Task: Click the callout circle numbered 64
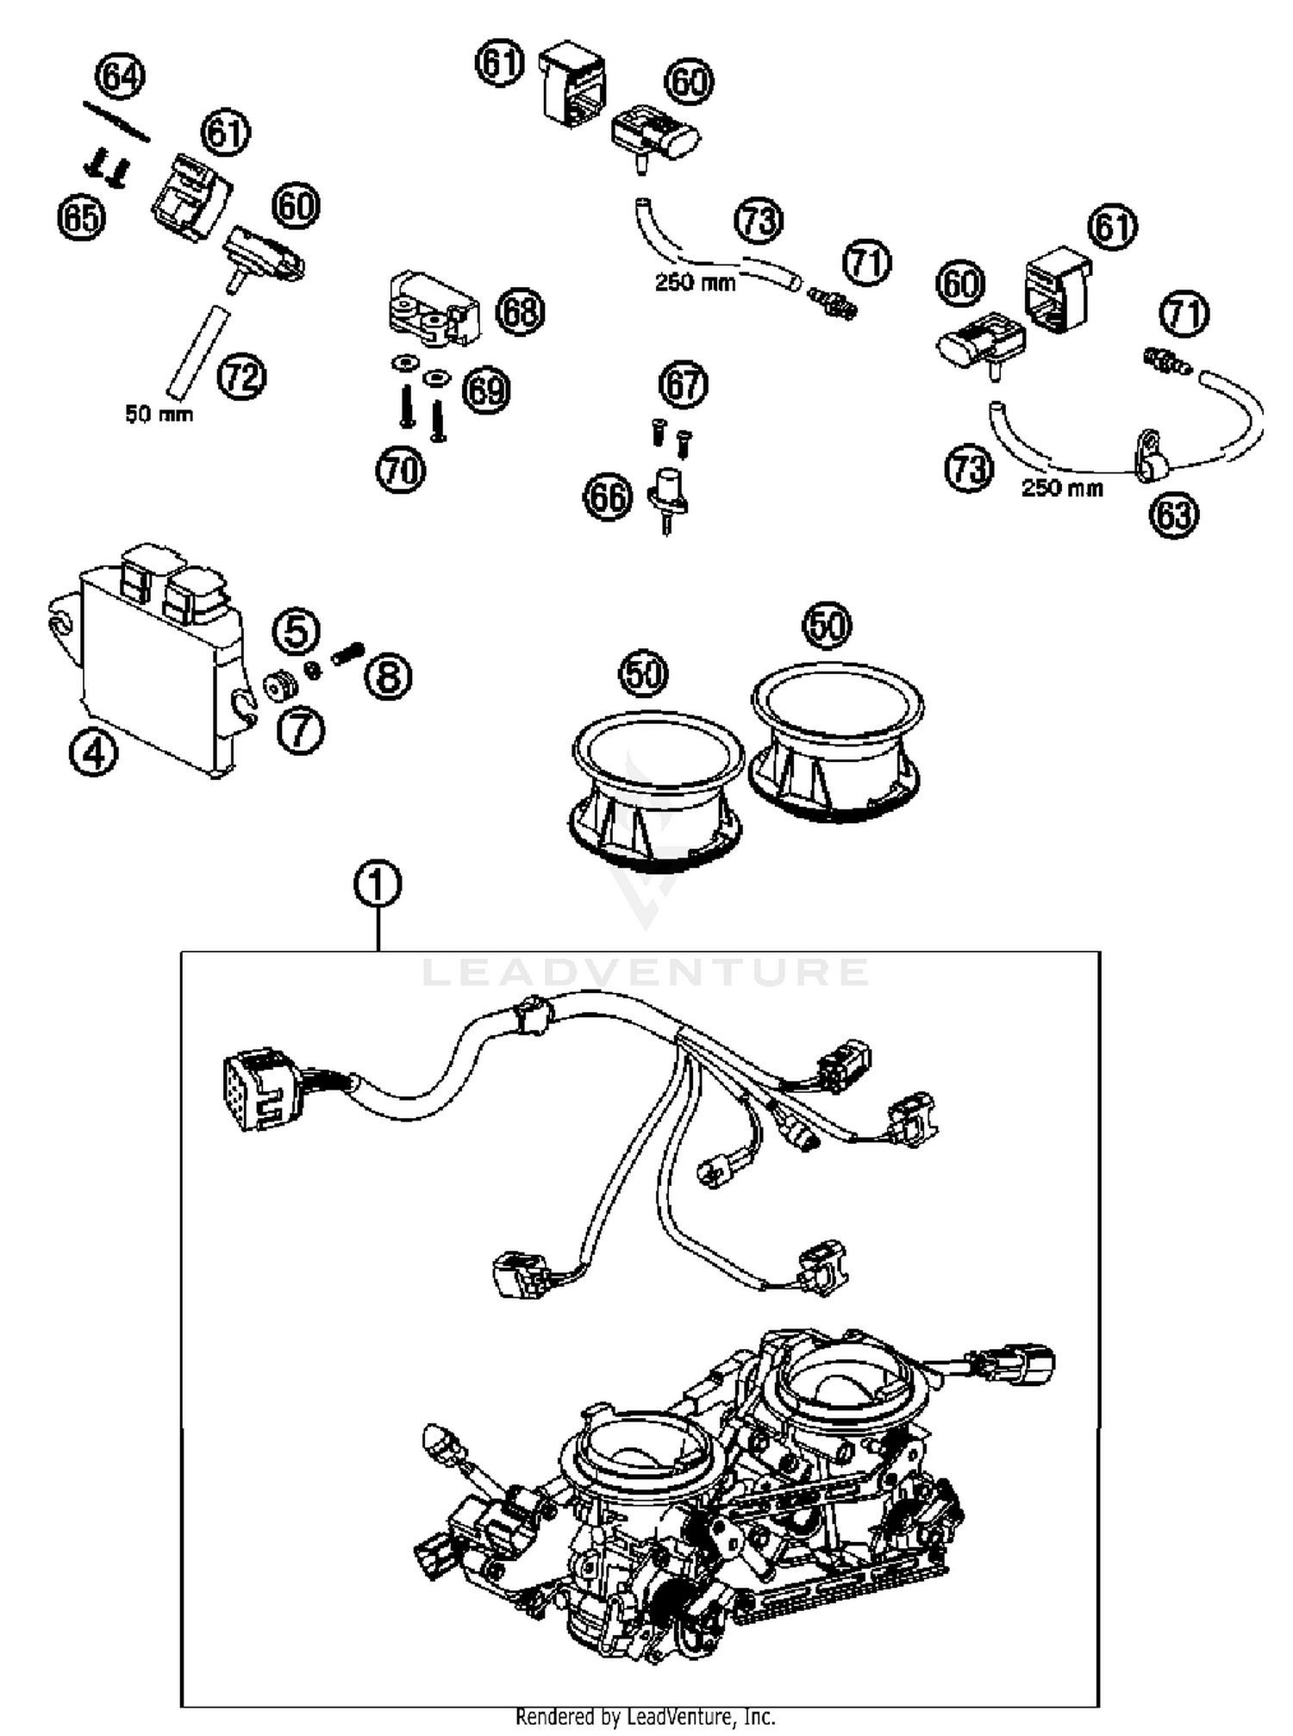click(120, 77)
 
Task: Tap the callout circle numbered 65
click(81, 216)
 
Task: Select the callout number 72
click(241, 377)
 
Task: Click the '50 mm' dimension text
click(159, 415)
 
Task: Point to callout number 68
click(521, 311)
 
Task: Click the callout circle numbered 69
click(486, 390)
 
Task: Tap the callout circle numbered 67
click(684, 384)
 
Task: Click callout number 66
click(609, 497)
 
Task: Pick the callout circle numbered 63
click(1174, 515)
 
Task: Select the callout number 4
click(93, 754)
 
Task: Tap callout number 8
click(388, 677)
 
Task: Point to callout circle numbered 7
click(300, 731)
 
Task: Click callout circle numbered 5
click(296, 631)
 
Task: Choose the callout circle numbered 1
click(378, 885)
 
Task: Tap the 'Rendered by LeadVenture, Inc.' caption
click(645, 1716)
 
